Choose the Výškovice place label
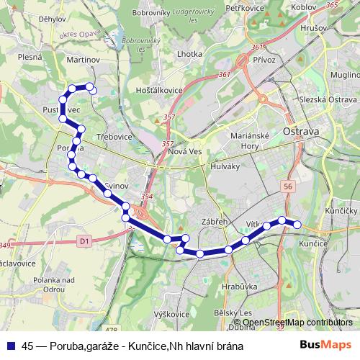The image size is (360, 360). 171,314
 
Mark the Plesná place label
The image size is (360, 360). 30,55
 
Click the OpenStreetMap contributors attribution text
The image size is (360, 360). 297,322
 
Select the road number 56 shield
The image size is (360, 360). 289,186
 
